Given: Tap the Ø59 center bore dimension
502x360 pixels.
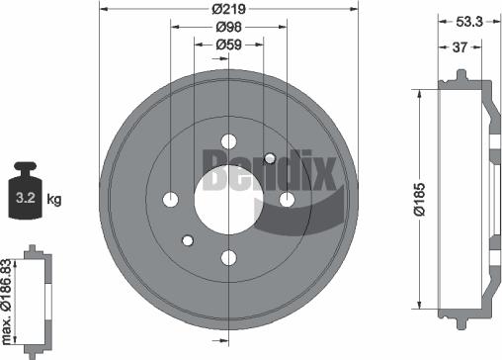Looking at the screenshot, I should click(x=228, y=44).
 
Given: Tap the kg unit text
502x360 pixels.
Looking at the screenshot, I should click(x=54, y=201).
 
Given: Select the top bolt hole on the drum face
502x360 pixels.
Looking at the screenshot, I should click(x=228, y=140).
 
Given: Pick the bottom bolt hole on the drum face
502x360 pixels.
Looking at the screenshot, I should click(x=228, y=258).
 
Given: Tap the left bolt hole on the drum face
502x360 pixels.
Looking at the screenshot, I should click(x=170, y=200).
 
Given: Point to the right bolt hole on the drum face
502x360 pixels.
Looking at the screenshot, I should click(x=288, y=200).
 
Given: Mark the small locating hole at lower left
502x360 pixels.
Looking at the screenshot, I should click(x=188, y=240).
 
